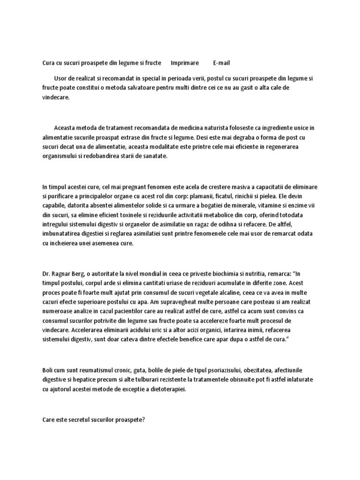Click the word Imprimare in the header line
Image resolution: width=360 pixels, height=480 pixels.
coord(185,63)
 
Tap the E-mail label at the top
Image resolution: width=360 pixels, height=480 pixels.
coord(221,63)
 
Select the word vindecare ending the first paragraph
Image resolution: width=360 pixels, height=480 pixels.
coord(56,97)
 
